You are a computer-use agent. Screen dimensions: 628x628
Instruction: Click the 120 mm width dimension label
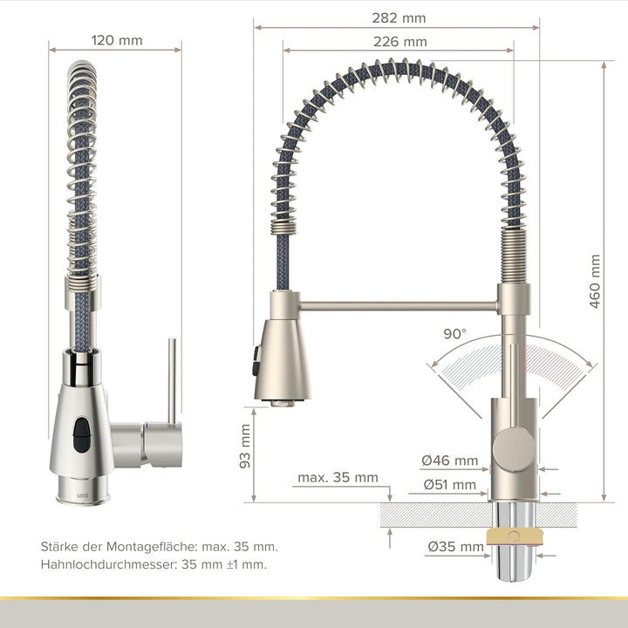[117, 40]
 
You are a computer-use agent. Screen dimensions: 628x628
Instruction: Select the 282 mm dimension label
[399, 17]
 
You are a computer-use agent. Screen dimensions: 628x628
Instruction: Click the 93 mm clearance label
[245, 447]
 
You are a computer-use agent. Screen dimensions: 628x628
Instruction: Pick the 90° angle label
[454, 333]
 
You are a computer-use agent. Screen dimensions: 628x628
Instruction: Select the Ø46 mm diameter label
[449, 461]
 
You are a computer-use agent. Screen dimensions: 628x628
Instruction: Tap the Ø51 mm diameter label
[449, 484]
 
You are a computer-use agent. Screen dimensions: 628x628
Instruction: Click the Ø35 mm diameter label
[455, 548]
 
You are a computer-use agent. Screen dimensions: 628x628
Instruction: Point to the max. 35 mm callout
[338, 477]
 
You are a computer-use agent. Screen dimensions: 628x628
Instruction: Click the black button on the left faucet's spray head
[81, 433]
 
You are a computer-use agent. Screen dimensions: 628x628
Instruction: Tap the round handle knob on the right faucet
[510, 448]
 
